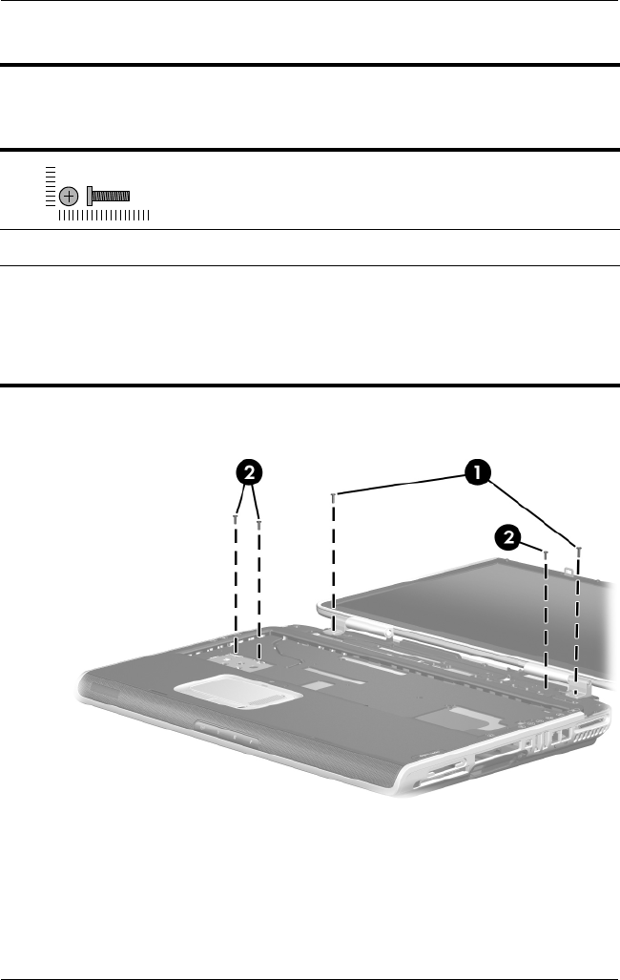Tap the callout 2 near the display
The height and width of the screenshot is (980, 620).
509,539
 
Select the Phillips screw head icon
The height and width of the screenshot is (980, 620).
68,196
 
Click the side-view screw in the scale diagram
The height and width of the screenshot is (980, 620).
107,196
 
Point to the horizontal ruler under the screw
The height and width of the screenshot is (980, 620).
103,218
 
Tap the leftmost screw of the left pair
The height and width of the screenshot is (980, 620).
235,519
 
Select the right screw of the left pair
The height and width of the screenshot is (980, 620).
259,523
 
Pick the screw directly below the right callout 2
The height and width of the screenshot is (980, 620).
545,553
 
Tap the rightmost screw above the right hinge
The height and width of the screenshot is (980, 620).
579,550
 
